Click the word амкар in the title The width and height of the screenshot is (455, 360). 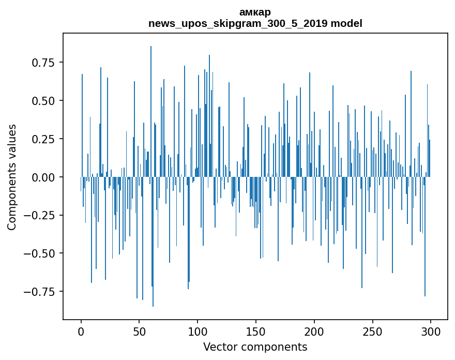(255, 12)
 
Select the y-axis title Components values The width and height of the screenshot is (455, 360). (12, 177)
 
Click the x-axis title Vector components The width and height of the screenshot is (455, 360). (255, 347)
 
